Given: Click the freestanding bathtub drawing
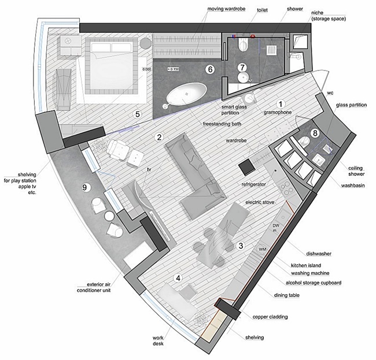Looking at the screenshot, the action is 186,94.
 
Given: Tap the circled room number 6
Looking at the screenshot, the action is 210,69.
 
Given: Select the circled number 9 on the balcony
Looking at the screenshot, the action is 84,187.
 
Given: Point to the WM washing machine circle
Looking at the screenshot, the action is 263,249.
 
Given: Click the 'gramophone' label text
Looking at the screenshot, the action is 278,112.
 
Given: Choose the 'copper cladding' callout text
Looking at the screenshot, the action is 270,317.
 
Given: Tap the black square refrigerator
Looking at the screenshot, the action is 247,166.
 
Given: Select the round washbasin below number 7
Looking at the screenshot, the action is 243,77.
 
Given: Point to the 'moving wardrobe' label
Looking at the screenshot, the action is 226,9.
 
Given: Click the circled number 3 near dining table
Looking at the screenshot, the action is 241,246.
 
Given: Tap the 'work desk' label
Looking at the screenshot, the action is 158,340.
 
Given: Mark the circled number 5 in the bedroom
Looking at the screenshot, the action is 138,114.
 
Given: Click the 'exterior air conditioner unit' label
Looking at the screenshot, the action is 94,287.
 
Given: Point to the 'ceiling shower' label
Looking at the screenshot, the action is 356,171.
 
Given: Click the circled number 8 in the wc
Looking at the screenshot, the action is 315,133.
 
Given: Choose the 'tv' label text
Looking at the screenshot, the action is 149,169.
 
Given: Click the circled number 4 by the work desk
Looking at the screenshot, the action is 178,278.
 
